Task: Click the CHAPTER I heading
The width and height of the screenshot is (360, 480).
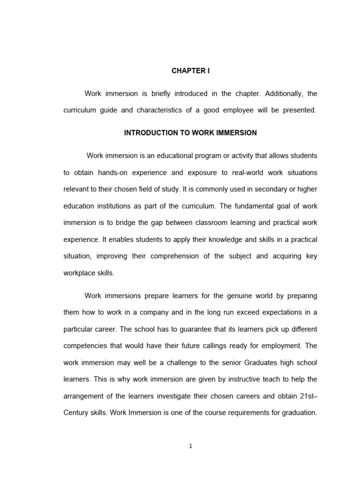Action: tap(190, 71)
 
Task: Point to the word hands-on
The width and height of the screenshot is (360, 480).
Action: tap(113, 172)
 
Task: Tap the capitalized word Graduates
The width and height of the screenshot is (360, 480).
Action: tap(244, 362)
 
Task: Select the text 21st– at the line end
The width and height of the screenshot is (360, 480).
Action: tap(307, 396)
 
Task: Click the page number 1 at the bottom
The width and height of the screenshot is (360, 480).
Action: tap(191, 446)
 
